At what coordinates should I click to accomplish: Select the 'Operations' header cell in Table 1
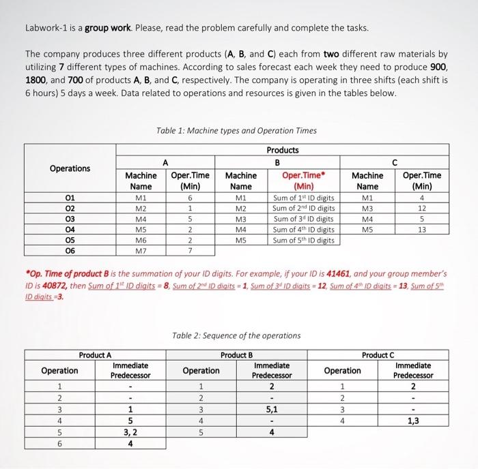(70, 168)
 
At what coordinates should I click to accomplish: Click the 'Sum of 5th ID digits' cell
(303, 241)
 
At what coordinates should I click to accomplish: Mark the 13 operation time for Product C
(422, 230)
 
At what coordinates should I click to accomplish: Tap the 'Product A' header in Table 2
(96, 354)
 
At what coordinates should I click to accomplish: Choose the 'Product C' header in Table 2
(378, 354)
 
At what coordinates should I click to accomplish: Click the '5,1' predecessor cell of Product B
(272, 410)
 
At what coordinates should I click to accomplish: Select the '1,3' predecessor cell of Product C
(413, 421)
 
